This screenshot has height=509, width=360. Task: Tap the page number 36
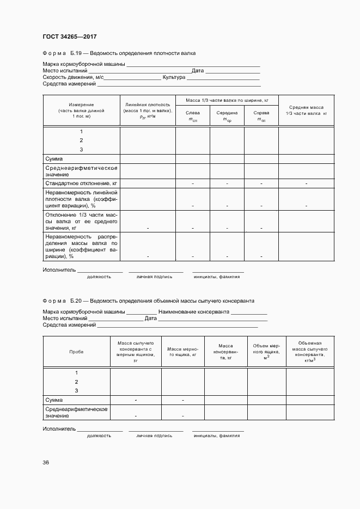tap(46, 462)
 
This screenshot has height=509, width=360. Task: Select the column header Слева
tap(193, 116)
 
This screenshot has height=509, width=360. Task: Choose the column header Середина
tap(227, 116)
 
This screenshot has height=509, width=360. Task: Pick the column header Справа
tap(261, 116)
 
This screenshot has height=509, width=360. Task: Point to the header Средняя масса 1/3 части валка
tap(306, 111)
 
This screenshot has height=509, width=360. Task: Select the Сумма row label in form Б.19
tap(54, 158)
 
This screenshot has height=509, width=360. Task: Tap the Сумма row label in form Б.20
tap(54, 400)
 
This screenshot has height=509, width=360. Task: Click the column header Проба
tap(76, 352)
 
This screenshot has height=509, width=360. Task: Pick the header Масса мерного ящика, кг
tap(182, 352)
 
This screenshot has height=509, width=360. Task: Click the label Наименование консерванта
tap(194, 312)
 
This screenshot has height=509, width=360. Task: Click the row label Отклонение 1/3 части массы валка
tap(81, 222)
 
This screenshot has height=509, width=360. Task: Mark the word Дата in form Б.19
tap(197, 71)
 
